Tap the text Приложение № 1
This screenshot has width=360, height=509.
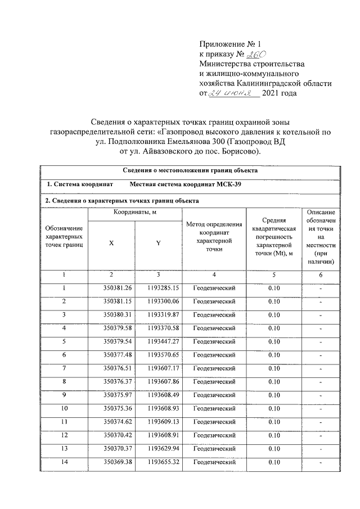(x=231, y=44)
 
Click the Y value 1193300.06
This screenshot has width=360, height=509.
(x=159, y=301)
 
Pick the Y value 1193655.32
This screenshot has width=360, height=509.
(x=159, y=462)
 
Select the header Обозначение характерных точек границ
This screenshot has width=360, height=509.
(x=64, y=237)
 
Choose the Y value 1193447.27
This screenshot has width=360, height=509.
(x=159, y=341)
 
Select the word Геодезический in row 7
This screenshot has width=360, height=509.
(x=214, y=368)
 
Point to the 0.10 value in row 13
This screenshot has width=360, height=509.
(x=274, y=449)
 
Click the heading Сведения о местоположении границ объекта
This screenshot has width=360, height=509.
(x=190, y=169)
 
